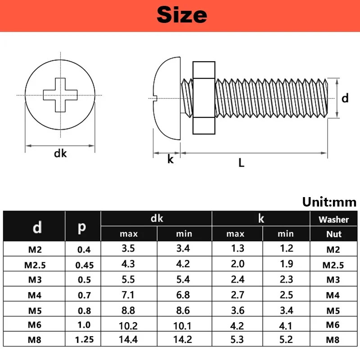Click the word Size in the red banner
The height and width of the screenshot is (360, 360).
pos(182,15)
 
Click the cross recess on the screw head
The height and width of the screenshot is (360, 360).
pos(60,95)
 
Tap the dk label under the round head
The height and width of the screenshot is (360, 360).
pos(60,153)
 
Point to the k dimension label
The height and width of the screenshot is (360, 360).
pos(171,159)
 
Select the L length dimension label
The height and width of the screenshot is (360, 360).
pos(241,163)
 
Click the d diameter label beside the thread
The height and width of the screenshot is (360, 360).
pos(345,98)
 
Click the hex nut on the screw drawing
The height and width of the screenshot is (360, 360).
pos(204,98)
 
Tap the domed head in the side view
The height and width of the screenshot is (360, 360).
pos(167,98)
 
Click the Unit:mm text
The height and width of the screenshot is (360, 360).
pos(329,202)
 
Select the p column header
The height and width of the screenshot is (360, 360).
pos(82,227)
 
